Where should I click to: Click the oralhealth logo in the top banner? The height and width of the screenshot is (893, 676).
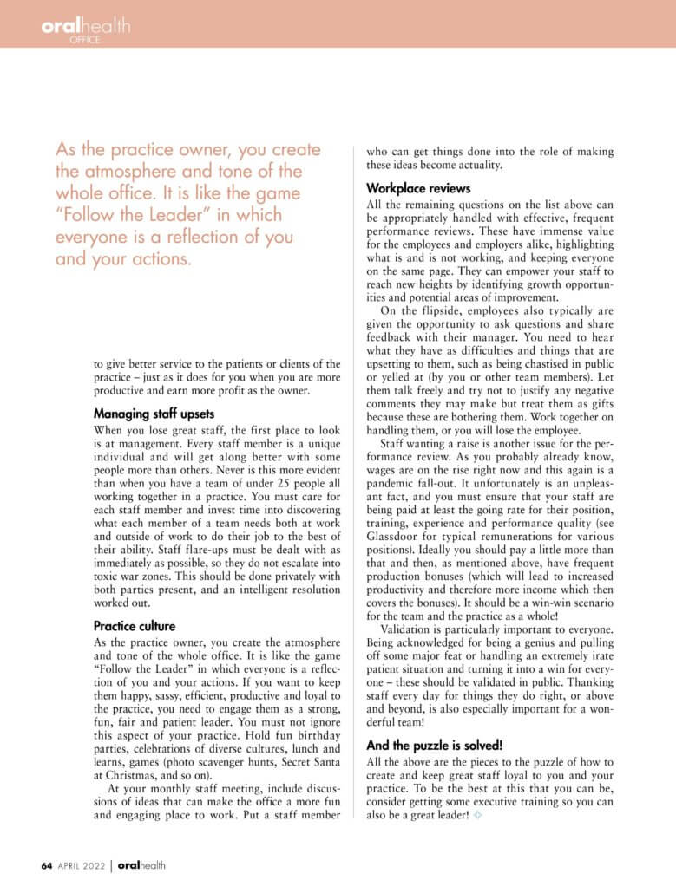pos(85,26)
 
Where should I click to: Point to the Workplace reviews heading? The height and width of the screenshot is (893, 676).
pos(418,187)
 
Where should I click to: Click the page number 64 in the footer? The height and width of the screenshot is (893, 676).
pos(48,864)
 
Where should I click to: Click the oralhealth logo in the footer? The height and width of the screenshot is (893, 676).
pos(141,864)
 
